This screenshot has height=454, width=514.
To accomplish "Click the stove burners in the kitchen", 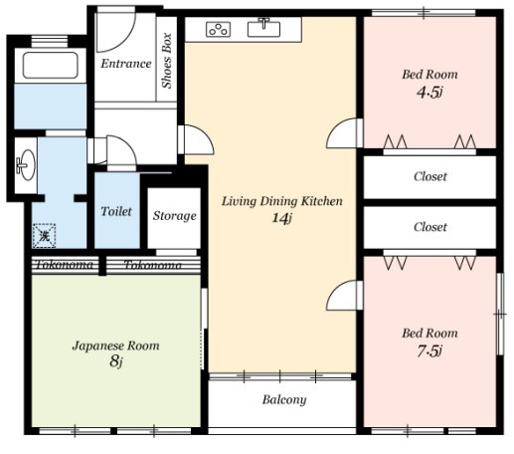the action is tap(219, 29).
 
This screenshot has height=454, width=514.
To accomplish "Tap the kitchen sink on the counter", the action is tap(263, 29).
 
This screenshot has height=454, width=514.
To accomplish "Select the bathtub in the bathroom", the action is tap(51, 65).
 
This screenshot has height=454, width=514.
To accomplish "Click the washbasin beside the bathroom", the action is tap(26, 164).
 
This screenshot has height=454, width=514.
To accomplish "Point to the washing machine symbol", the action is tap(44, 236).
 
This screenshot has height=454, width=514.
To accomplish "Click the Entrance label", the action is tap(126, 64).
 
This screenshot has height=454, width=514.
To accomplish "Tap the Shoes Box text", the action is tap(167, 61).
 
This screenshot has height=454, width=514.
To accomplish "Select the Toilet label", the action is tap(116, 211).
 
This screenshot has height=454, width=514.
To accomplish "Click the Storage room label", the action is tap(174, 216).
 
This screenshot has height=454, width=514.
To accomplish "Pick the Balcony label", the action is tap(284, 399).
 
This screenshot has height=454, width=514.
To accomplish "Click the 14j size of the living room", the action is tap(282, 218).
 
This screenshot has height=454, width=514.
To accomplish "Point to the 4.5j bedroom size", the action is tap(429, 92).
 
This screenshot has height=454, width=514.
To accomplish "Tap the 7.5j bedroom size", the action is tap(429, 350).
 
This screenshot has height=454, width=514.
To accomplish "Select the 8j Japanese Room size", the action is tap(116, 361).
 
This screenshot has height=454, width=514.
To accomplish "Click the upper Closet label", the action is tap(430, 176).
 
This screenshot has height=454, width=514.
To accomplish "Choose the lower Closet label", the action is tap(430, 227).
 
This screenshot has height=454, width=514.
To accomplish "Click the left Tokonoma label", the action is tap(65, 265).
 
